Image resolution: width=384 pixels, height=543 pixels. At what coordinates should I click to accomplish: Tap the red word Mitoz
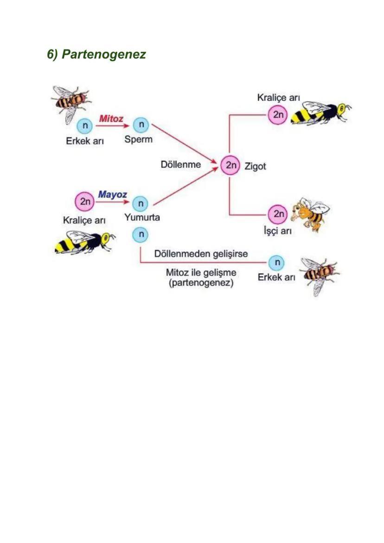(x=111, y=118)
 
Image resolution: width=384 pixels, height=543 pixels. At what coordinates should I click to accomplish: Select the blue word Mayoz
(x=112, y=195)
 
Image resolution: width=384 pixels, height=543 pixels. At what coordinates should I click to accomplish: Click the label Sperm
(x=138, y=139)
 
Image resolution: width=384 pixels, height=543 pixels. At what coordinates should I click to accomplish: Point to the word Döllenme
(x=181, y=164)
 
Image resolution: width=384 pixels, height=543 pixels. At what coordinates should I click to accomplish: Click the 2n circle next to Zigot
(x=230, y=165)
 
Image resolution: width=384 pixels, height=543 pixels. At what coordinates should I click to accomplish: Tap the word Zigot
(x=255, y=166)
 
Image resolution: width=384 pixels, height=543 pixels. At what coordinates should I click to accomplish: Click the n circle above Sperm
(x=141, y=125)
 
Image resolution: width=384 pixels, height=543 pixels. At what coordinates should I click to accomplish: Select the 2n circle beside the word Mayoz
(x=85, y=202)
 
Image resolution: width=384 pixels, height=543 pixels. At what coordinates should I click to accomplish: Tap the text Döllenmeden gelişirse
(x=201, y=254)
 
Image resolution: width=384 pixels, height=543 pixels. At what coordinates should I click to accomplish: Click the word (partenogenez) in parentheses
(x=201, y=282)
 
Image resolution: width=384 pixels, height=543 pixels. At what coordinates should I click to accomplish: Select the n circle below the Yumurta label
(x=140, y=235)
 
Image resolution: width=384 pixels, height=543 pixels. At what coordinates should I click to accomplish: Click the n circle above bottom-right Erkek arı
(x=276, y=263)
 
